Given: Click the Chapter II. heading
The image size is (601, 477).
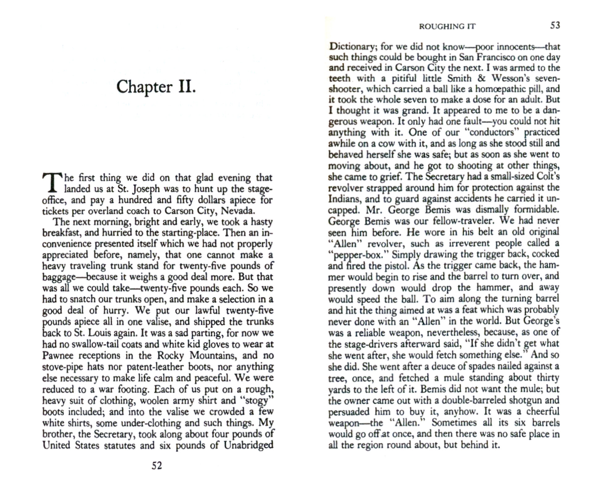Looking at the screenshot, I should (156, 87).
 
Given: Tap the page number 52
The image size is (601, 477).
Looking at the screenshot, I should (157, 466).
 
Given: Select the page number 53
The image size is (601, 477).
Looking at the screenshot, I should (555, 25).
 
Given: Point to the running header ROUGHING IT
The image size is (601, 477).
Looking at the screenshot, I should (447, 27).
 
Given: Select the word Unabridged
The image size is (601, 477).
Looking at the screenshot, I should (249, 445).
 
